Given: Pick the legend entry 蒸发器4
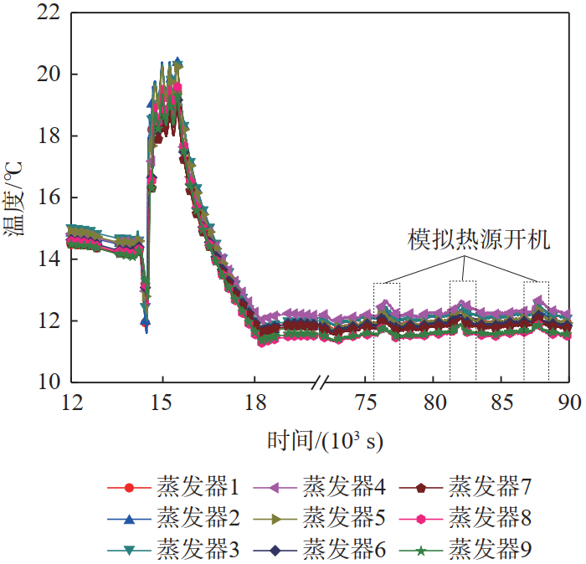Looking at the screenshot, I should coord(344,486).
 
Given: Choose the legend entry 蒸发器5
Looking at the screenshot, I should coord(344,519).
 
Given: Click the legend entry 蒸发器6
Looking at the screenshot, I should coord(344,550).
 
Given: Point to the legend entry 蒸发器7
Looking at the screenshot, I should coord(490,486).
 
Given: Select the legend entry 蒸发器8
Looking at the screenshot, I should coord(490,519).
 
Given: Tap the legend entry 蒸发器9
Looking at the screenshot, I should coord(490,550).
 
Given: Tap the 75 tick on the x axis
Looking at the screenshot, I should coord(365,401).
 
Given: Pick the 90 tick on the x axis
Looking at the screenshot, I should coord(569,401).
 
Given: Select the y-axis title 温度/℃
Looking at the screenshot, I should coord(14,198).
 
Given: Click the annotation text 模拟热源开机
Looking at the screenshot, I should coord(479,241).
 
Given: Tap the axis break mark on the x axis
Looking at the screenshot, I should coord(318,382).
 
